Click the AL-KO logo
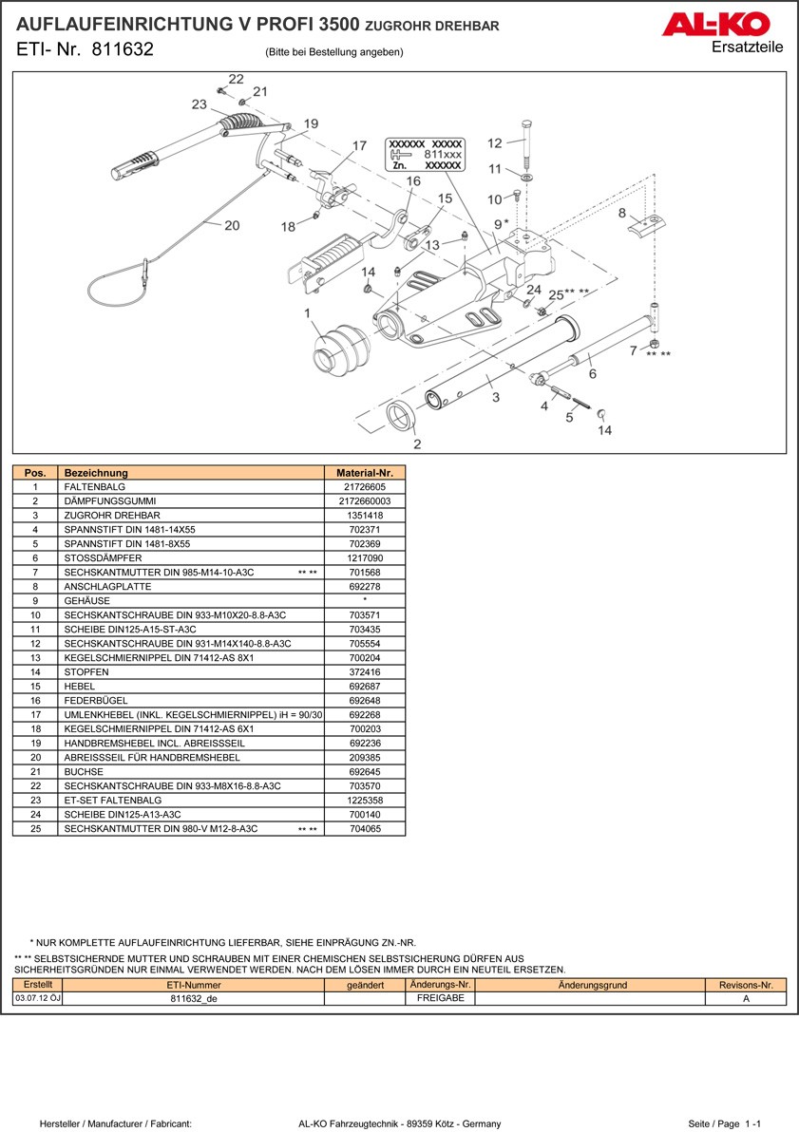coord(721,25)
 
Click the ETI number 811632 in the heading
coord(123,50)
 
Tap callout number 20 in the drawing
coord(232,225)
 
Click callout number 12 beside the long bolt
coord(494,143)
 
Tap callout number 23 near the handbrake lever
coord(199,104)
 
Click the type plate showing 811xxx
coord(426,154)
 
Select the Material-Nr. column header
coord(365,472)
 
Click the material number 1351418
coord(365,515)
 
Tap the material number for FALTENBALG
coord(365,486)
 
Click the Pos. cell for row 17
coord(35,714)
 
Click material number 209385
coord(365,757)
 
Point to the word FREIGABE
coord(440,998)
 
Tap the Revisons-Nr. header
coord(746,985)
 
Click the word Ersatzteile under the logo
coord(747,48)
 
